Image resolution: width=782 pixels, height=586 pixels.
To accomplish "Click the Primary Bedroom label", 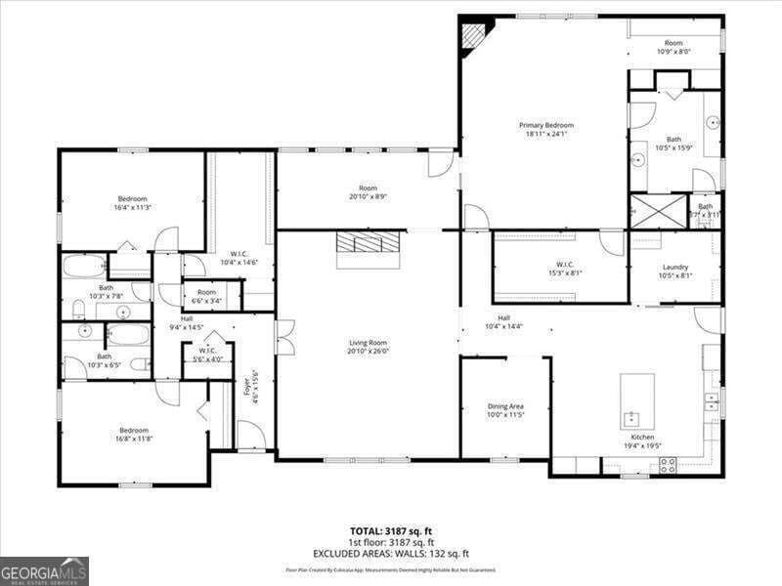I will pyautogui.click(x=545, y=125).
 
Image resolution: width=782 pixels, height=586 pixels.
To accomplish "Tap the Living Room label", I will pyautogui.click(x=369, y=343).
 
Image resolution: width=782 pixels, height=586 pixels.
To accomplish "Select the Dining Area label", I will pyautogui.click(x=505, y=406).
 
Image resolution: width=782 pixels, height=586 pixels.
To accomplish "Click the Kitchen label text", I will pyautogui.click(x=642, y=437).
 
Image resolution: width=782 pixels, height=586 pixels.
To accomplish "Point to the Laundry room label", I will pyautogui.click(x=675, y=267).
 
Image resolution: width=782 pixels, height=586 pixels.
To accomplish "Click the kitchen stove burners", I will pyautogui.click(x=669, y=464).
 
